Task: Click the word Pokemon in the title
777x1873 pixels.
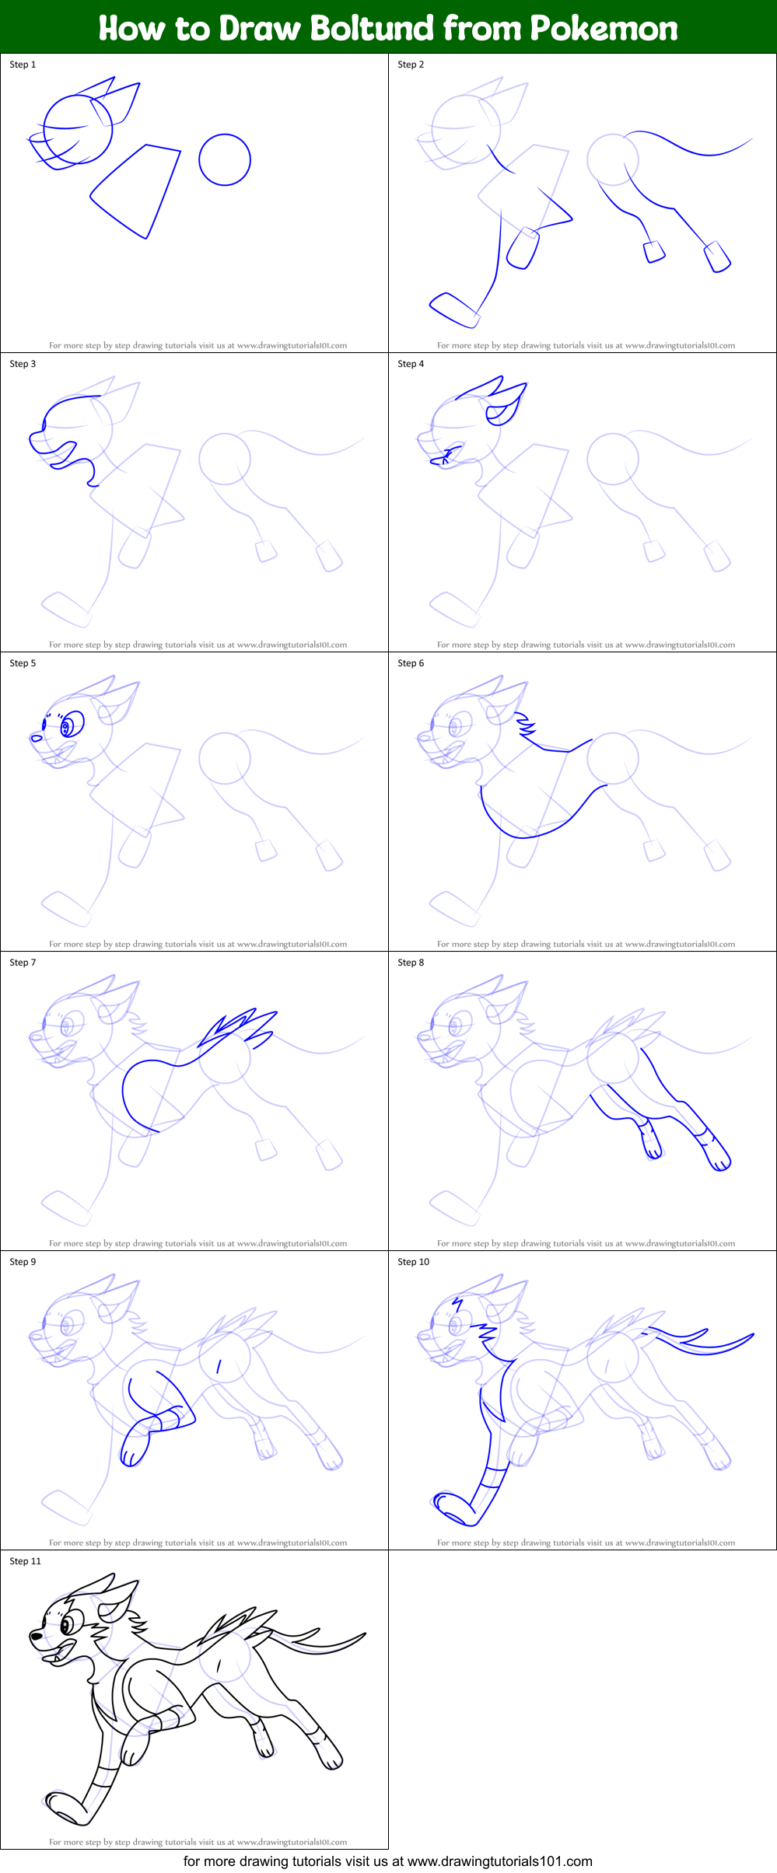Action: point(604,28)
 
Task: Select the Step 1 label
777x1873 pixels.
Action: point(23,65)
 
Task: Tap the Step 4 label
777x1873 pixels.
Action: point(411,364)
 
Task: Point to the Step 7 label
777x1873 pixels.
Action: point(23,963)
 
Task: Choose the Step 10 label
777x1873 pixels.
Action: point(413,1262)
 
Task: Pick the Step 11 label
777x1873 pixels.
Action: point(25,1561)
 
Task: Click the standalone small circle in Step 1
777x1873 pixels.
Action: point(224,159)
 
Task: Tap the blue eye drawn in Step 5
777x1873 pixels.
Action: point(71,725)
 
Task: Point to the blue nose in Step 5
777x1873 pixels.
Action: point(36,738)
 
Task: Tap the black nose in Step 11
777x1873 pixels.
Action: point(37,1636)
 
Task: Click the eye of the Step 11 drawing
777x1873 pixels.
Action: point(68,1624)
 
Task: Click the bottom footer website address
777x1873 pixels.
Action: point(387,1861)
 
